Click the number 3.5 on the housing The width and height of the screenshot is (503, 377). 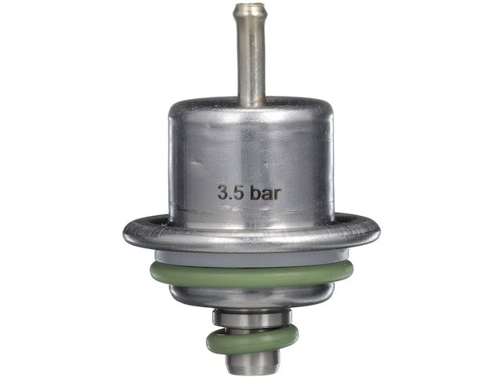pyautogui.click(x=230, y=192)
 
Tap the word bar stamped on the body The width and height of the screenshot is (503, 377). pyautogui.click(x=266, y=192)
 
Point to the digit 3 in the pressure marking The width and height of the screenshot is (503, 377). pyautogui.click(x=223, y=192)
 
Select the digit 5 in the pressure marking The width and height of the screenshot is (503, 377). pyautogui.click(x=237, y=192)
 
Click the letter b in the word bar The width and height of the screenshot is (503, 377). pyautogui.click(x=255, y=192)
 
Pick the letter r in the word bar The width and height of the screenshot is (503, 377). pyautogui.click(x=278, y=194)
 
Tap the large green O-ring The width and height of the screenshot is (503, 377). pyautogui.click(x=251, y=275)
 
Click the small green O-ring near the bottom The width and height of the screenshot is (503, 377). pyautogui.click(x=252, y=341)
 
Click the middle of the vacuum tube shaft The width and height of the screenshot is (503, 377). pyautogui.click(x=251, y=54)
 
